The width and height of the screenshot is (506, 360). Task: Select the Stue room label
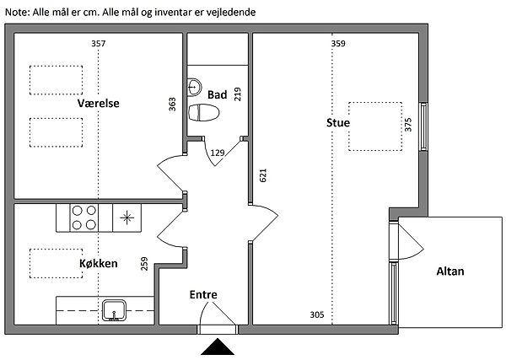338,123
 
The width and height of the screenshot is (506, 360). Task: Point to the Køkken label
98,263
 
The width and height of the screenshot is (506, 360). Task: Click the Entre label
203,294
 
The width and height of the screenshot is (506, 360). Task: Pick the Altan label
450,271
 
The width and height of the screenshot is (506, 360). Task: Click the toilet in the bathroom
206,113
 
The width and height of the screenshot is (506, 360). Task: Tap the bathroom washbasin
195,86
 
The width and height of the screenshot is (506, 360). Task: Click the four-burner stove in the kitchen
83,218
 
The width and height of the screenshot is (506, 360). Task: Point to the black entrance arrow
218,347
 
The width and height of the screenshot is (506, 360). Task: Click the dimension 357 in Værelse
99,43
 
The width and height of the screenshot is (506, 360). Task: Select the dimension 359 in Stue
338,43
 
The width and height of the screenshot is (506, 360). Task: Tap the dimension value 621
263,175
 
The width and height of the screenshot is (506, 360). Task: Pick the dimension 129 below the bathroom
218,153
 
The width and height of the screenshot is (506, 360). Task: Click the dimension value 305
317,314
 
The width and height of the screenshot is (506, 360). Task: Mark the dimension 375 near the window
408,125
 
